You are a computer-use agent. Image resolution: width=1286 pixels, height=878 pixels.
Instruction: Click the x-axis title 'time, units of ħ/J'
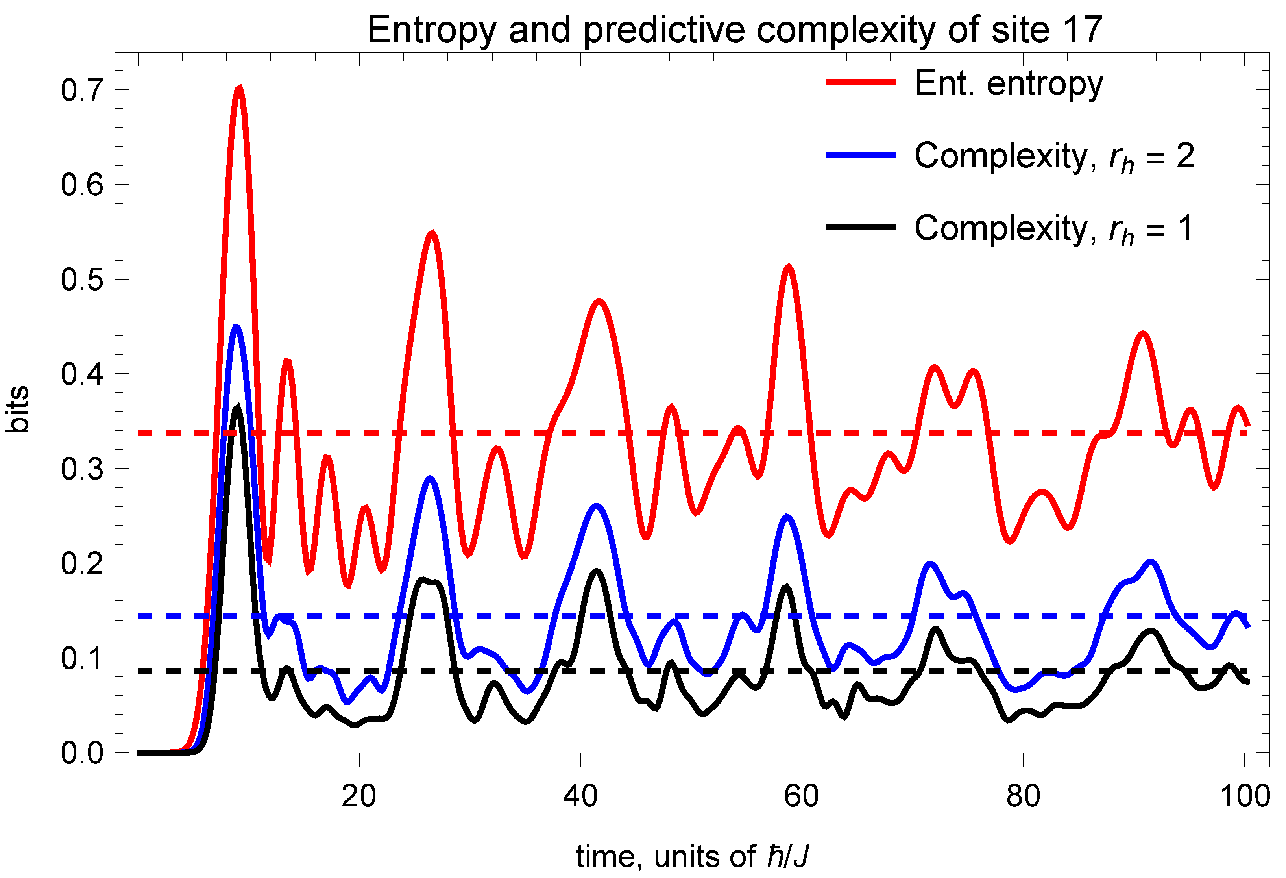(x=692, y=856)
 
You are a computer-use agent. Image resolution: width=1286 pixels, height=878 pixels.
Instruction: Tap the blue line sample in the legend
(x=861, y=155)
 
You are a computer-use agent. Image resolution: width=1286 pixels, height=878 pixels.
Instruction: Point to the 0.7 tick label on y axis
(x=82, y=90)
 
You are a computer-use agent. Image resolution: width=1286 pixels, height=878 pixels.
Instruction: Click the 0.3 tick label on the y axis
(x=82, y=469)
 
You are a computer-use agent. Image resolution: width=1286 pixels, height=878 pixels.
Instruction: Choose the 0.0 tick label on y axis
(x=82, y=753)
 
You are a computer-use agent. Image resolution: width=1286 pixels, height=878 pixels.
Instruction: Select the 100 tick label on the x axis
(x=1244, y=796)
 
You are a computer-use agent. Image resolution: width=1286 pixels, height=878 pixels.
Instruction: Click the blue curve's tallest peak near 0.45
(x=236, y=327)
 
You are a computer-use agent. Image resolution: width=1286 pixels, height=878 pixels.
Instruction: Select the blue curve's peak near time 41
(x=596, y=506)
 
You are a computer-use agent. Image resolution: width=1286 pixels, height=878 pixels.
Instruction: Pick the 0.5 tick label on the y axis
(x=82, y=279)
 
